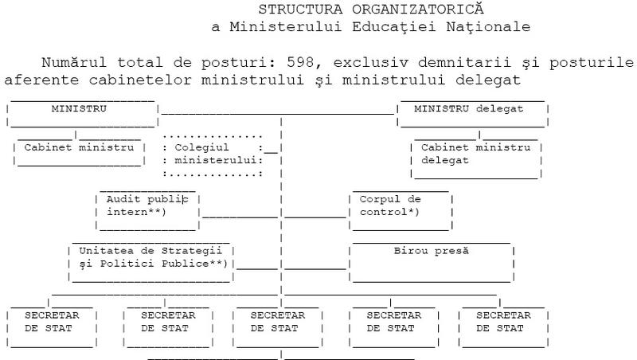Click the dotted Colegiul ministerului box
click(213, 154)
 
